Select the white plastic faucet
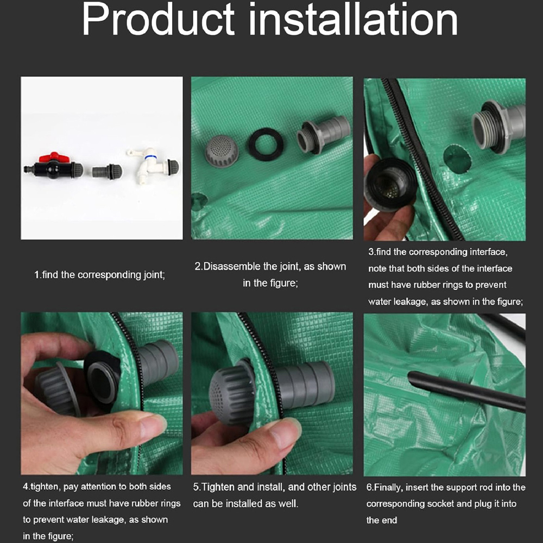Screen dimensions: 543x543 153,163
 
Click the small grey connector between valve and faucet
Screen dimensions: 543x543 107,171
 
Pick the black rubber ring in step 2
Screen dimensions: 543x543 266,144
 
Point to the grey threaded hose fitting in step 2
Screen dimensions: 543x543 323,135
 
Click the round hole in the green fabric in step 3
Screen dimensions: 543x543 457,159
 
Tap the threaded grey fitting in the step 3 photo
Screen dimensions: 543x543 498,126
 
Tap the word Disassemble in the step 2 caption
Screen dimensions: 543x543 232,266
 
